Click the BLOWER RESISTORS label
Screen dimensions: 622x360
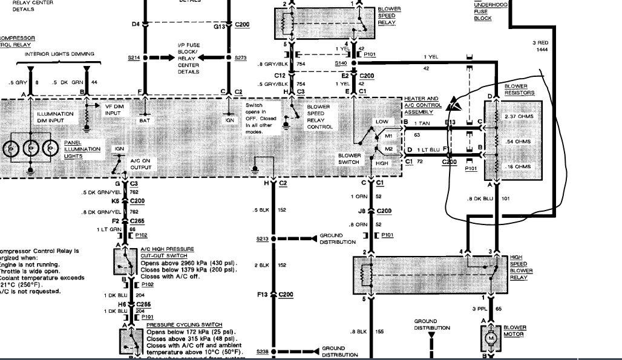(x=519, y=90)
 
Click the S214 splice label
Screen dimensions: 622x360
(x=134, y=57)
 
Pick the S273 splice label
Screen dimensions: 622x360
(x=238, y=57)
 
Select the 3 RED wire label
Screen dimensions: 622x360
(x=540, y=42)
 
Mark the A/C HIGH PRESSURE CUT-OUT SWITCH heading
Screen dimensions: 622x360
(x=166, y=249)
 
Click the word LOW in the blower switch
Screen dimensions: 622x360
(x=382, y=122)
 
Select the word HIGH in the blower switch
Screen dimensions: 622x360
(x=382, y=163)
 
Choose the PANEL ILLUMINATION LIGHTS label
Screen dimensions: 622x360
(x=79, y=149)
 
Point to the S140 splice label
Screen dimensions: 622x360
(x=341, y=62)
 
